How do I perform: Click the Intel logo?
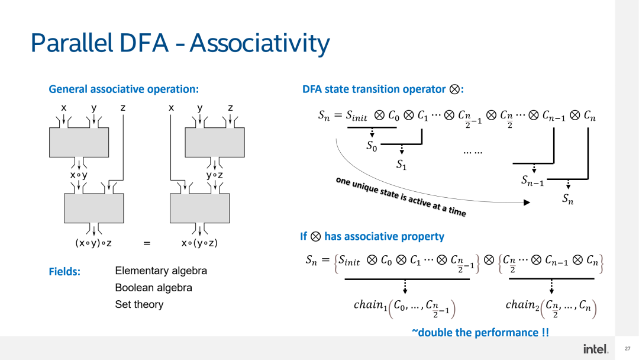tap(595, 349)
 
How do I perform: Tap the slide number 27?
tap(627, 349)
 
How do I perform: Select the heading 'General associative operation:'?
tap(124, 89)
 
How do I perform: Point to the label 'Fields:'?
tap(64, 272)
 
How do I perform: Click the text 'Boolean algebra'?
tap(153, 288)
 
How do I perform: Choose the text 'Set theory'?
tap(139, 304)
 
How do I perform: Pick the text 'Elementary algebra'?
tap(161, 271)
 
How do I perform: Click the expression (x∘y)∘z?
tap(93, 243)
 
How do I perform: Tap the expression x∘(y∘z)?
tap(199, 243)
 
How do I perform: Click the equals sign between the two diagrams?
tap(147, 243)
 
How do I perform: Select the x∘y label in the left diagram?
tap(79, 175)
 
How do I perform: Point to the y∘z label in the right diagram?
tap(215, 175)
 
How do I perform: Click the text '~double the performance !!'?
tap(480, 332)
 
